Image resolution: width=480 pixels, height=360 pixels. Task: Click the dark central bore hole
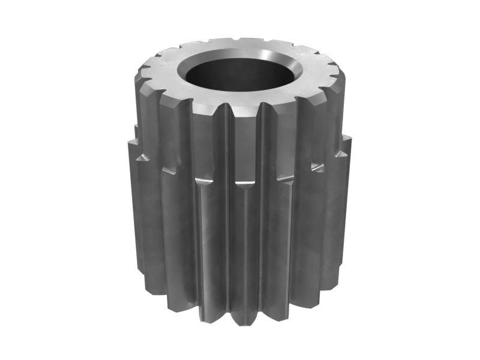(240, 75)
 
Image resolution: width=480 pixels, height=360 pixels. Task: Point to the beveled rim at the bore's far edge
(240, 53)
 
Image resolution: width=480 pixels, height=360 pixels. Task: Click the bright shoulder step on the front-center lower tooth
(243, 180)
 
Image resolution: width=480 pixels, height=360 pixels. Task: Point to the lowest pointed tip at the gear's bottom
(240, 325)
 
